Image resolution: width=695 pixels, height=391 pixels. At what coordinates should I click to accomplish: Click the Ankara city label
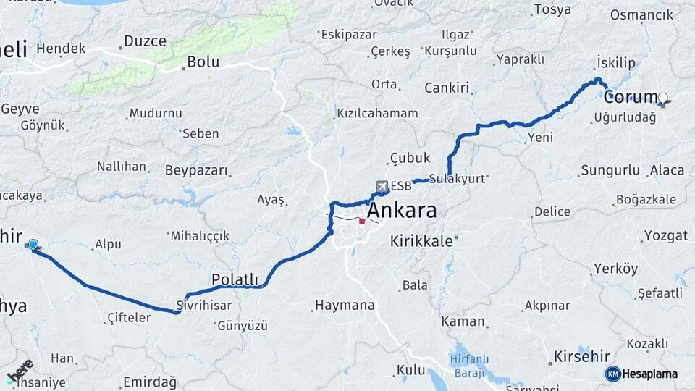coord(403,211)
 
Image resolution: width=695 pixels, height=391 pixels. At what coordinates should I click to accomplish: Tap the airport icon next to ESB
coord(382,186)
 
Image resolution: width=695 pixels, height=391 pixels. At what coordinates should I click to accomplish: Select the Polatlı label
coord(234,279)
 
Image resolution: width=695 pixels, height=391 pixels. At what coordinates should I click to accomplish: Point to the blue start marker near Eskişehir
coord(33,245)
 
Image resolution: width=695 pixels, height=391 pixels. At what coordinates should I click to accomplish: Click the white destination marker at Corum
coord(662,97)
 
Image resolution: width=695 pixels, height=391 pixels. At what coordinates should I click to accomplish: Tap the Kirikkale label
coord(421,240)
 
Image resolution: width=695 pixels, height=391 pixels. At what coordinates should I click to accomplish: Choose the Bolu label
coord(203,62)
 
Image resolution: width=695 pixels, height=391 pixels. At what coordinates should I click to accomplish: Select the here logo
coord(21,371)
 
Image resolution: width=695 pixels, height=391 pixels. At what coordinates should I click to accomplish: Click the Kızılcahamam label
coord(377,114)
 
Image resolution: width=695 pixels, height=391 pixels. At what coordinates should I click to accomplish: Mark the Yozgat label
coord(665,236)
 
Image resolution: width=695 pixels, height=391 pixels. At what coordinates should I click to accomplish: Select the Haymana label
coord(345,306)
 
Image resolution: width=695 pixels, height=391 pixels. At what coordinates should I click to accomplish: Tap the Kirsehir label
coord(578,356)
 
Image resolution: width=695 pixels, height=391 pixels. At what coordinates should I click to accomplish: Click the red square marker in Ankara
coord(362,221)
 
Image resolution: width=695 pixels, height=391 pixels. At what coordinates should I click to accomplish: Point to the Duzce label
coord(145,41)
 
